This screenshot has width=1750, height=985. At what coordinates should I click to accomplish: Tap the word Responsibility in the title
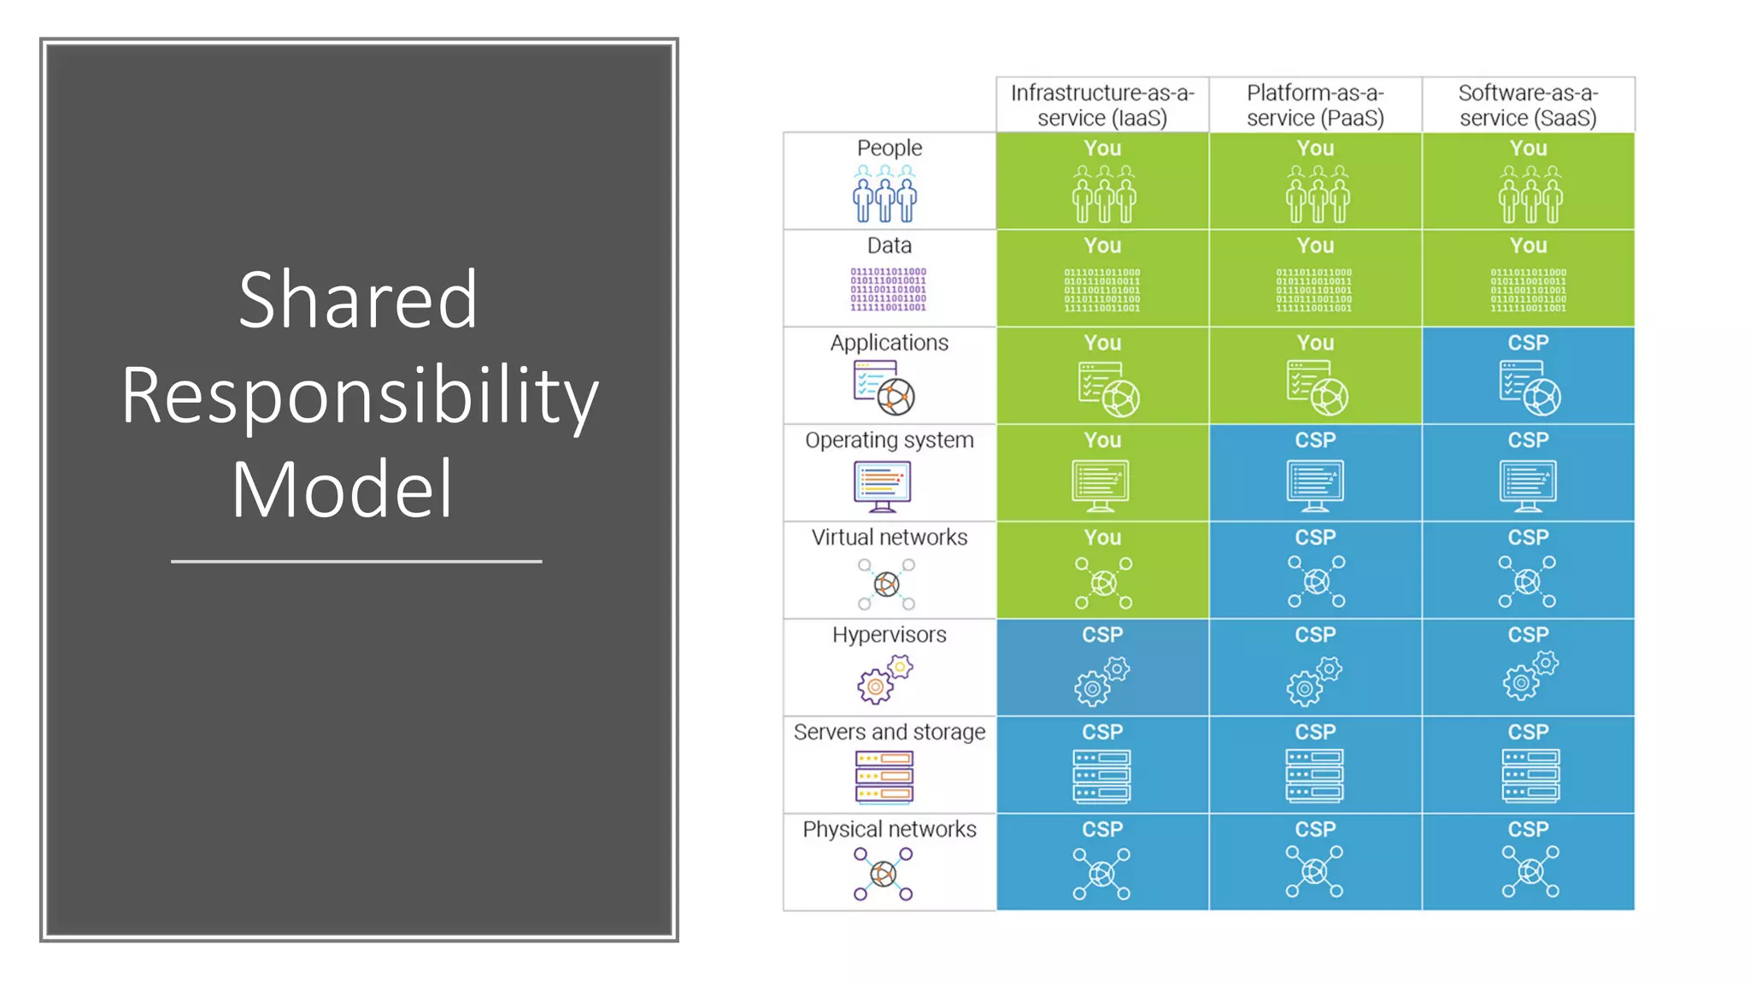point(359,395)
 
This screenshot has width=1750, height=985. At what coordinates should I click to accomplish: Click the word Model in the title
point(342,489)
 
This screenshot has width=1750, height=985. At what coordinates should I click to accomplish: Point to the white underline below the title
point(356,562)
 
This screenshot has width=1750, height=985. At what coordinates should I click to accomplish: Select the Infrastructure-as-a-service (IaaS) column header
point(1102,105)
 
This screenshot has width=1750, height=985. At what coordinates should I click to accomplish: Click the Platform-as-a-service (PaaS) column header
point(1315,105)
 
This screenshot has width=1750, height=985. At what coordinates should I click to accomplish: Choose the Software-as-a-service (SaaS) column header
point(1528,105)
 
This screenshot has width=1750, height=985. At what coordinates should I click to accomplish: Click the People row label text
point(890,148)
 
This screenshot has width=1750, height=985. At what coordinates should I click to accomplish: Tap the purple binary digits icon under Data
point(888,290)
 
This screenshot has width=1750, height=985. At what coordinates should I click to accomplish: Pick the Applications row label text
point(890,343)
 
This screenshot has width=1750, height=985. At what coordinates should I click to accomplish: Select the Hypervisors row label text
point(890,635)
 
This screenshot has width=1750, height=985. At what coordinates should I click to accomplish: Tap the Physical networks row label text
point(890,829)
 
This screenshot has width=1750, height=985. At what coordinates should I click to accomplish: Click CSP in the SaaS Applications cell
point(1528,343)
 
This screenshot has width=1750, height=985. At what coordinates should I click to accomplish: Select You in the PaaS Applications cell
point(1315,343)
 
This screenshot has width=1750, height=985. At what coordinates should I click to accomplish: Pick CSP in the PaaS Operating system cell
point(1315,440)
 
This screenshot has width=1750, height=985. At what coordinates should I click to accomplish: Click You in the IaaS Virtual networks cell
point(1102,538)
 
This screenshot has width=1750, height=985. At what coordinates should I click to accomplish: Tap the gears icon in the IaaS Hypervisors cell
point(1101,681)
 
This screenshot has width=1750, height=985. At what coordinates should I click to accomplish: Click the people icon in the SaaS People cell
point(1530,194)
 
